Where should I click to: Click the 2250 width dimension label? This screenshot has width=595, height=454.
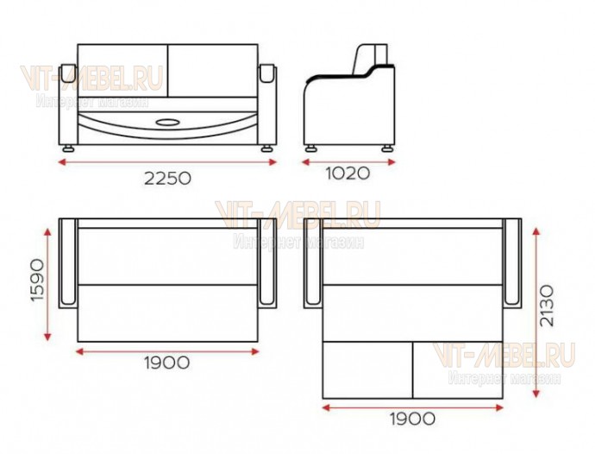click(x=167, y=178)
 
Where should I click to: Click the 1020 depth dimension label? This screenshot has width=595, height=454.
click(x=348, y=173)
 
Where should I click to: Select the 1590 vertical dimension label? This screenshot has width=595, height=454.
click(x=38, y=280)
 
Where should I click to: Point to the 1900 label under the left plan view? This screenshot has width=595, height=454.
click(x=167, y=363)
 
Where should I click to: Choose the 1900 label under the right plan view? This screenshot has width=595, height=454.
click(x=412, y=419)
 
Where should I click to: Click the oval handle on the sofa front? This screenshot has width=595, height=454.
click(x=168, y=123)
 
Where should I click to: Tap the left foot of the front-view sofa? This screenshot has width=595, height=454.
click(x=69, y=148)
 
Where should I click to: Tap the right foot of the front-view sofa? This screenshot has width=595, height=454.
click(x=266, y=148)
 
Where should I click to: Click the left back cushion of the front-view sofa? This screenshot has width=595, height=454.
click(x=122, y=71)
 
